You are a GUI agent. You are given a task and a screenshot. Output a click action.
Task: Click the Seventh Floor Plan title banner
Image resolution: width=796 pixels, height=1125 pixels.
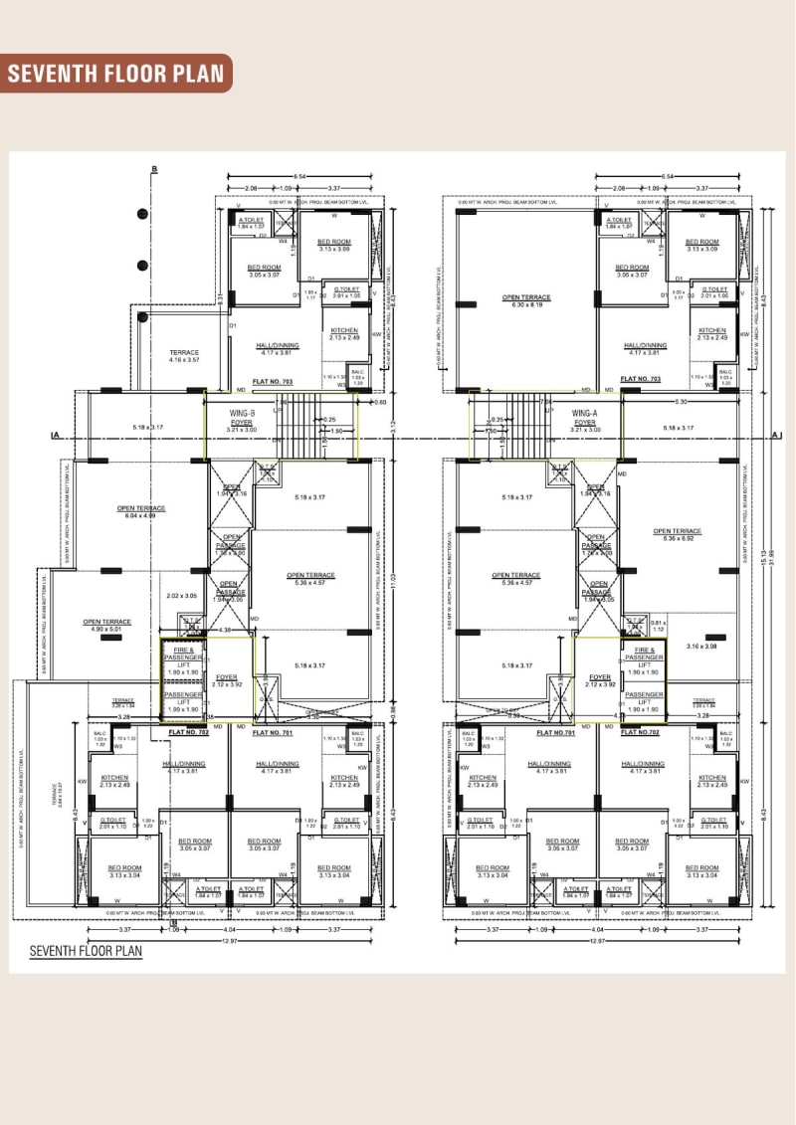pos(117,74)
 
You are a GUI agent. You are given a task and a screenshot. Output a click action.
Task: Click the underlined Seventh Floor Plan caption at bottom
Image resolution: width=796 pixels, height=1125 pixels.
pos(86,951)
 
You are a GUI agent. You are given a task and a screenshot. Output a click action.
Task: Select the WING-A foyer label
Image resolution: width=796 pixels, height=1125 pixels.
pos(585,418)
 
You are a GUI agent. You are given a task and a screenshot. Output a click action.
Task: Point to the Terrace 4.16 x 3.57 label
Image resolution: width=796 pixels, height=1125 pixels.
pos(184,356)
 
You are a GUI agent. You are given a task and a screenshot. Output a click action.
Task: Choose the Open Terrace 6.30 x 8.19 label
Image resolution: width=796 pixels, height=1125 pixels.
pos(526,300)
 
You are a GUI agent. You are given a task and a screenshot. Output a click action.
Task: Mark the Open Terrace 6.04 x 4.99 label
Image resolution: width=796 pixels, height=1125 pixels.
pos(142,512)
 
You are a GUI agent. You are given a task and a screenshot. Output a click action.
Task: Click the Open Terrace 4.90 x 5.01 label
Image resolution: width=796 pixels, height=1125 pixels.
pos(107,626)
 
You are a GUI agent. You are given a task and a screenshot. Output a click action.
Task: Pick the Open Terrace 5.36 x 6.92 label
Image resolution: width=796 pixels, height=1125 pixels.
pos(678,534)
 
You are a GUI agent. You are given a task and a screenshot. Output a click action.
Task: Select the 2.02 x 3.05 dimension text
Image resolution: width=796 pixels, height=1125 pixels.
pos(182,596)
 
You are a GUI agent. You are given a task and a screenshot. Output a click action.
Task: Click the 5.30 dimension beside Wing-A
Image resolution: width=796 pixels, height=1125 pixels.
pos(681,402)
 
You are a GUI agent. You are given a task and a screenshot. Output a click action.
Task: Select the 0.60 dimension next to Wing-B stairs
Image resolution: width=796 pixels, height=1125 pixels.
pos(380,402)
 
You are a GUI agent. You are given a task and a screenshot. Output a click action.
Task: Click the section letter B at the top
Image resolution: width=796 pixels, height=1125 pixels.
pos(154,170)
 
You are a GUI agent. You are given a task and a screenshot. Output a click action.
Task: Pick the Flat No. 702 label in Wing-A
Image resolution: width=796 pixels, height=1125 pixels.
pos(641,732)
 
